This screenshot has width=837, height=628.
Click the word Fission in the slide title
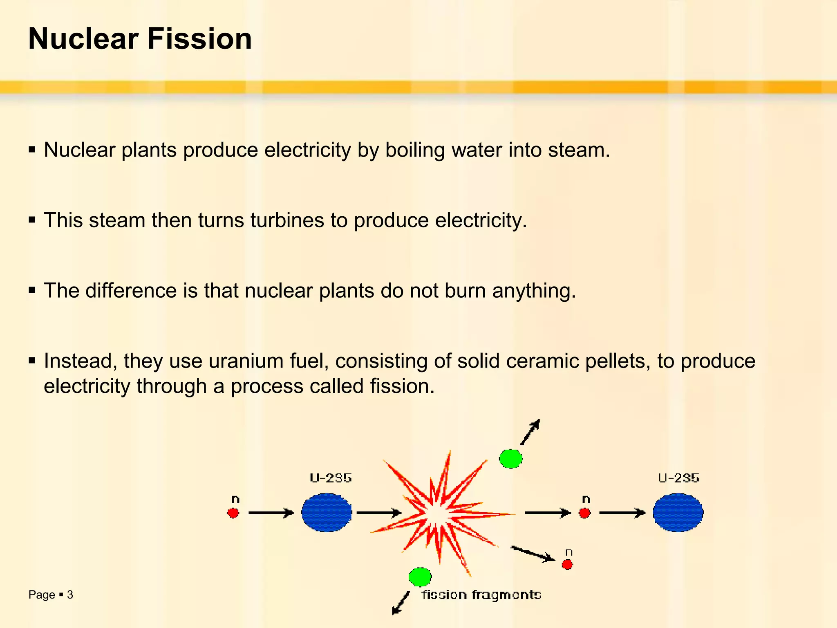(x=199, y=39)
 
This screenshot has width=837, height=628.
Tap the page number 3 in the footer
(x=70, y=594)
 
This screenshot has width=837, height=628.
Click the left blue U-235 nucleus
(x=327, y=512)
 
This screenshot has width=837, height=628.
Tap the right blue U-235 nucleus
(x=678, y=512)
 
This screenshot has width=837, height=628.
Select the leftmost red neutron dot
(x=233, y=513)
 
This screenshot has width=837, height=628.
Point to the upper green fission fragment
(x=510, y=458)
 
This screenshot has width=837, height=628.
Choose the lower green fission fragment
(x=420, y=577)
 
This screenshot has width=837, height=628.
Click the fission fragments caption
(x=481, y=594)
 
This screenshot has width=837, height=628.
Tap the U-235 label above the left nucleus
(x=331, y=478)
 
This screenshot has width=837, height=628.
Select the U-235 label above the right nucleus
(x=678, y=478)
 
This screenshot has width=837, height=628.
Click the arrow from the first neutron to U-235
(x=271, y=513)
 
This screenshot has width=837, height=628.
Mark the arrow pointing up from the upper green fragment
(x=530, y=432)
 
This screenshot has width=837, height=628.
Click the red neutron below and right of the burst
(x=567, y=565)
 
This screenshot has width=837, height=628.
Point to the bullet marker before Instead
(x=32, y=361)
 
